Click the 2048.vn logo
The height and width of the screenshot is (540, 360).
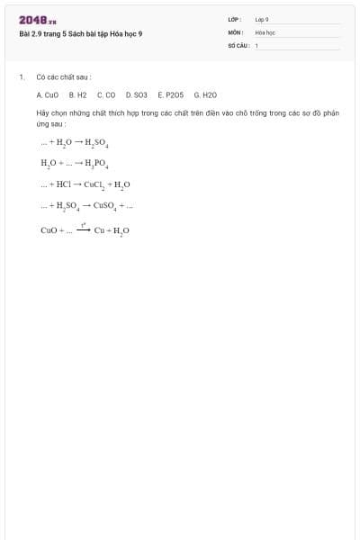click(x=38, y=20)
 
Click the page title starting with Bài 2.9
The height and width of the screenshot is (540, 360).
click(x=80, y=34)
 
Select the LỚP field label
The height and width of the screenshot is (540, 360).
click(x=235, y=19)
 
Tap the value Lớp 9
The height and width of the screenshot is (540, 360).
click(x=262, y=19)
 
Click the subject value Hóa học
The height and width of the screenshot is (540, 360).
click(x=265, y=31)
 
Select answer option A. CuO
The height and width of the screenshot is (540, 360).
click(x=48, y=94)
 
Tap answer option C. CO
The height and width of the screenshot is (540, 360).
click(x=106, y=94)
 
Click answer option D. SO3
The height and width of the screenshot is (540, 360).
click(x=136, y=94)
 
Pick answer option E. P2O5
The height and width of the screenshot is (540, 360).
click(x=170, y=94)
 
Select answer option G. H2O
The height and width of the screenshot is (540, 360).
click(x=205, y=94)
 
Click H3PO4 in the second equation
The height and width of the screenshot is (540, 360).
click(x=95, y=165)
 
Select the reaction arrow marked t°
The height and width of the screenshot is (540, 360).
click(x=82, y=229)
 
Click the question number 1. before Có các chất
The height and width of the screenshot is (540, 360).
click(x=21, y=77)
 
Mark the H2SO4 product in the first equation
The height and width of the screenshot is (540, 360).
click(x=97, y=143)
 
